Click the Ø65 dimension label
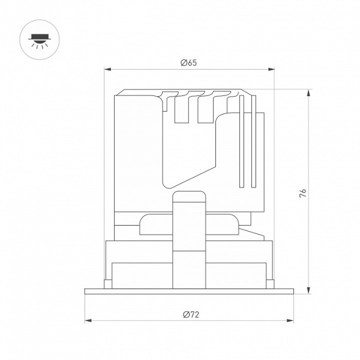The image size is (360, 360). pyautogui.click(x=189, y=62)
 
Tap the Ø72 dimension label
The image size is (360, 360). pyautogui.click(x=191, y=314)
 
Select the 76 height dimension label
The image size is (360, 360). pyautogui.click(x=303, y=193)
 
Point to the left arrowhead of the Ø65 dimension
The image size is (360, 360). pyautogui.click(x=107, y=70)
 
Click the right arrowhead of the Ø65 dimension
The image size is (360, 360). pyautogui.click(x=271, y=70)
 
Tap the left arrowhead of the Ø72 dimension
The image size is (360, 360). pyautogui.click(x=88, y=320)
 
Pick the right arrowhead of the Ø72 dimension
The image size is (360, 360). pyautogui.click(x=290, y=320)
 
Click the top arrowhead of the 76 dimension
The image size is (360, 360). pyautogui.click(x=309, y=93)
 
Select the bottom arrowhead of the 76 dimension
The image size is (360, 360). pyautogui.click(x=309, y=290)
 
